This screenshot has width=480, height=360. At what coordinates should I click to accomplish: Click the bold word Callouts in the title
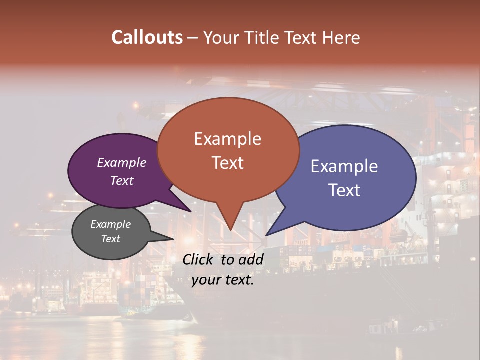[x=147, y=37]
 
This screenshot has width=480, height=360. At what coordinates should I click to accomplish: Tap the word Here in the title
[x=340, y=37]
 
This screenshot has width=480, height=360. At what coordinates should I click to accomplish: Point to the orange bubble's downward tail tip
[x=230, y=230]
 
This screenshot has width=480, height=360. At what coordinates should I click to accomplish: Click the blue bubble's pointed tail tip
[x=266, y=235]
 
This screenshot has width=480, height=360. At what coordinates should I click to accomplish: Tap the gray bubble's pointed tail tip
[x=173, y=239]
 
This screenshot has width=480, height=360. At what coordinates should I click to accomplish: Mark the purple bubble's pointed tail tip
[x=190, y=211]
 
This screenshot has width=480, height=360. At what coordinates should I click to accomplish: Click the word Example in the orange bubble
[x=227, y=139]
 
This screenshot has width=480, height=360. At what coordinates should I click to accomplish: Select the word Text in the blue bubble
[x=344, y=190]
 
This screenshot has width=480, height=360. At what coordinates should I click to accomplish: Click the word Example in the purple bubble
[x=122, y=162]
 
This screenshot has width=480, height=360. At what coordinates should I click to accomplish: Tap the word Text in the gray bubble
[x=110, y=239]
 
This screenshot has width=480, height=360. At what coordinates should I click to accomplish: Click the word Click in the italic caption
[x=199, y=259]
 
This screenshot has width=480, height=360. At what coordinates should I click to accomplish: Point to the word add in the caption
[x=251, y=259]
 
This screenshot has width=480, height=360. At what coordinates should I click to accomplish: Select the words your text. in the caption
[x=223, y=280]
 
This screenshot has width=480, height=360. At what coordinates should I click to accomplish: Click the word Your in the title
[x=220, y=37]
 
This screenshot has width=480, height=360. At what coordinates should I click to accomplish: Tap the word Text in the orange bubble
[x=228, y=163]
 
